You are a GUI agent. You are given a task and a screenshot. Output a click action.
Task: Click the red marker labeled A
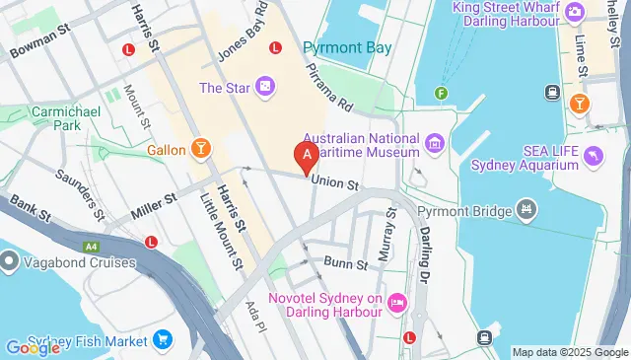click(x=307, y=155)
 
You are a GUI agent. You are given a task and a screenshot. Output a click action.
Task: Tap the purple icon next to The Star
click(x=265, y=88)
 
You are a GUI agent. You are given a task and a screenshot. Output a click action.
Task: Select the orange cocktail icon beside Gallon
click(x=201, y=149)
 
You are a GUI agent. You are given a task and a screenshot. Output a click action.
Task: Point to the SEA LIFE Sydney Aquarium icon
click(x=593, y=155)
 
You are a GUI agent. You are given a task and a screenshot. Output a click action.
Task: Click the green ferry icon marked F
click(x=442, y=95)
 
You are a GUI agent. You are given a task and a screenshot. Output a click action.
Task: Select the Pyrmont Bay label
click(x=346, y=47)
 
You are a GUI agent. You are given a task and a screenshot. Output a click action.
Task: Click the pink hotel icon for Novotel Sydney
click(x=397, y=300)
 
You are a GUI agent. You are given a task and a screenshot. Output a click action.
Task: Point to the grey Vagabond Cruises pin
click(x=10, y=261)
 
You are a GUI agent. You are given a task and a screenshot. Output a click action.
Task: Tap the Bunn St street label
click(x=346, y=264)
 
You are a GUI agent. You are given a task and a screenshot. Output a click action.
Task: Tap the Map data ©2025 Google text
click(x=569, y=352)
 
